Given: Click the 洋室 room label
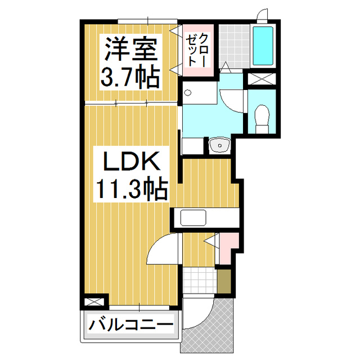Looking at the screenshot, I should pos(129,50).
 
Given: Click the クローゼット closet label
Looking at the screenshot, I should pos(197,48).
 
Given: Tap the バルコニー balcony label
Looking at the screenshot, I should pos(130,325).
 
